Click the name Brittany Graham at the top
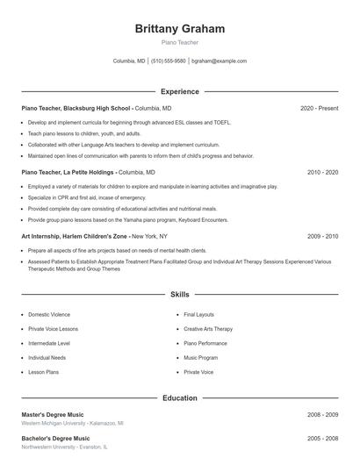click(180, 29)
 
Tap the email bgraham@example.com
click(219, 61)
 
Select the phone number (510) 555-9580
click(169, 61)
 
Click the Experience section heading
click(180, 91)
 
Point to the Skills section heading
click(180, 296)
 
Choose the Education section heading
click(180, 397)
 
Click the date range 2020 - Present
click(319, 108)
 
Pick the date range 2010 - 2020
click(322, 173)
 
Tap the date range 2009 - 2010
click(322, 237)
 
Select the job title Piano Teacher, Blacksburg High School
click(76, 108)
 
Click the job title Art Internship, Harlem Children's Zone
click(75, 237)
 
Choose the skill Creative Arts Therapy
click(208, 329)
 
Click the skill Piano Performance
click(206, 343)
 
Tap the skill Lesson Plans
click(45, 372)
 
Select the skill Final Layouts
click(198, 314)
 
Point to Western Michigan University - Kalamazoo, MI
click(72, 423)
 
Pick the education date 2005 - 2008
click(322, 438)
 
